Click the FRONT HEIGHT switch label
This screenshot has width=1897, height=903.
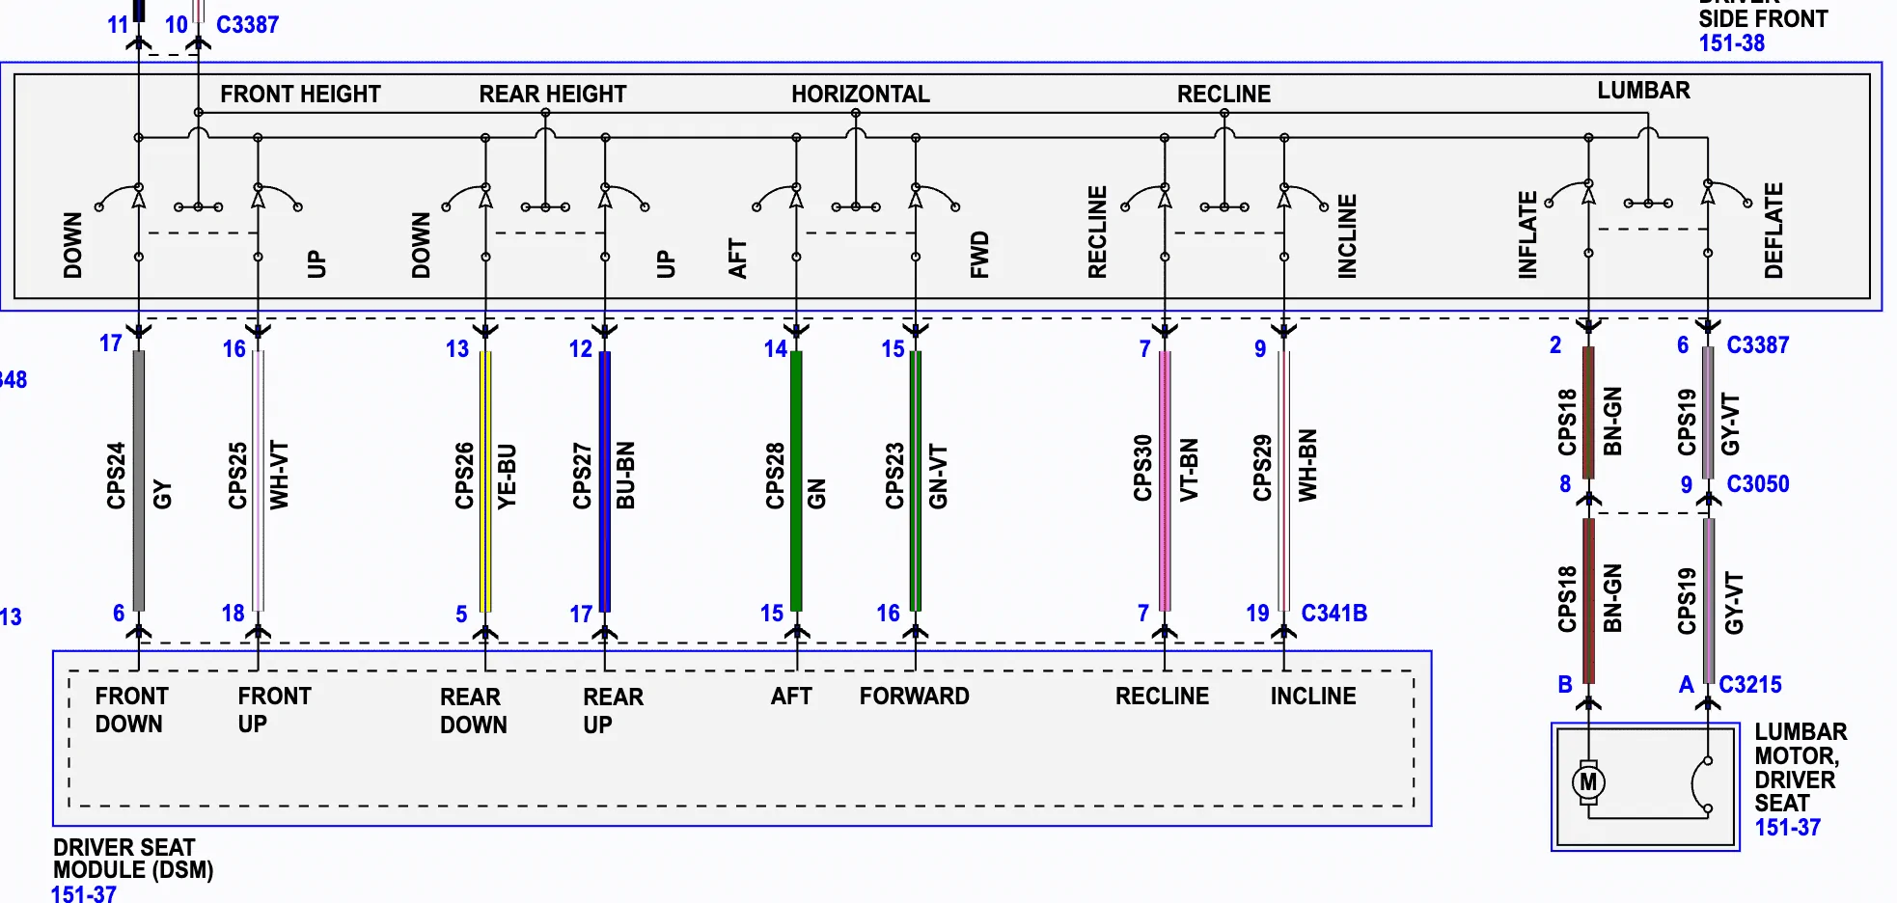pyautogui.click(x=300, y=95)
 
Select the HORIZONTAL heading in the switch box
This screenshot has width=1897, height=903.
pyautogui.click(x=860, y=95)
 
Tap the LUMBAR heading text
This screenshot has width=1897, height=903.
pyautogui.click(x=1643, y=91)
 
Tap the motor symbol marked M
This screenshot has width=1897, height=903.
pyautogui.click(x=1588, y=781)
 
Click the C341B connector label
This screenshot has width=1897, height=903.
pyautogui.click(x=1333, y=614)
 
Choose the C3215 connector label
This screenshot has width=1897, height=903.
pyautogui.click(x=1750, y=685)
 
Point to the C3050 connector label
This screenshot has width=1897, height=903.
pyautogui.click(x=1757, y=484)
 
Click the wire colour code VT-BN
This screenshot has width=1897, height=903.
pyautogui.click(x=1190, y=470)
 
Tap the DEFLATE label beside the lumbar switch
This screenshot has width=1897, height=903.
pyautogui.click(x=1773, y=231)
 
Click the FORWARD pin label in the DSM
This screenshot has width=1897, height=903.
pyautogui.click(x=914, y=697)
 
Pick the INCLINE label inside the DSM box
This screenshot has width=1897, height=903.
pyautogui.click(x=1312, y=697)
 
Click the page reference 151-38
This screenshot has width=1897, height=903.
pyautogui.click(x=1731, y=43)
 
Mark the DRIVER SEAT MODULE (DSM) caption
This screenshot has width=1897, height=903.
pyautogui.click(x=132, y=859)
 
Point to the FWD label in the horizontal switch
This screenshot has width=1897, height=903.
pyautogui.click(x=979, y=255)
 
